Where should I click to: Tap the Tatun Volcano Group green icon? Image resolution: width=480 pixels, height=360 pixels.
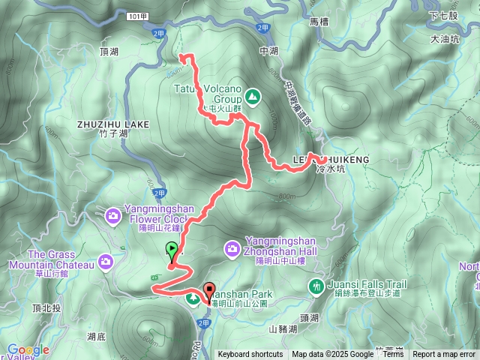point(253,96)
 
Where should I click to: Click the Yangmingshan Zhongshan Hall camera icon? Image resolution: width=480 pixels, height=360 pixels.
point(232,247)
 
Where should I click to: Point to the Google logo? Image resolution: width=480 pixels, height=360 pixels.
point(28,349)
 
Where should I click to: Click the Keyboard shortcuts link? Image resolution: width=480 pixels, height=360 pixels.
point(250,355)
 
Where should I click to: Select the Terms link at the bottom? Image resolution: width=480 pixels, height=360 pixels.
point(393,355)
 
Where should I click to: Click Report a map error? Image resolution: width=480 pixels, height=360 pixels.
point(444,355)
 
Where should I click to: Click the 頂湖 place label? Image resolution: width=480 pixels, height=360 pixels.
point(109,52)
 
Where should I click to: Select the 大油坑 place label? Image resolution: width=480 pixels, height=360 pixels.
point(445,40)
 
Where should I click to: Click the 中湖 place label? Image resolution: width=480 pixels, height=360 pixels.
point(268,51)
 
